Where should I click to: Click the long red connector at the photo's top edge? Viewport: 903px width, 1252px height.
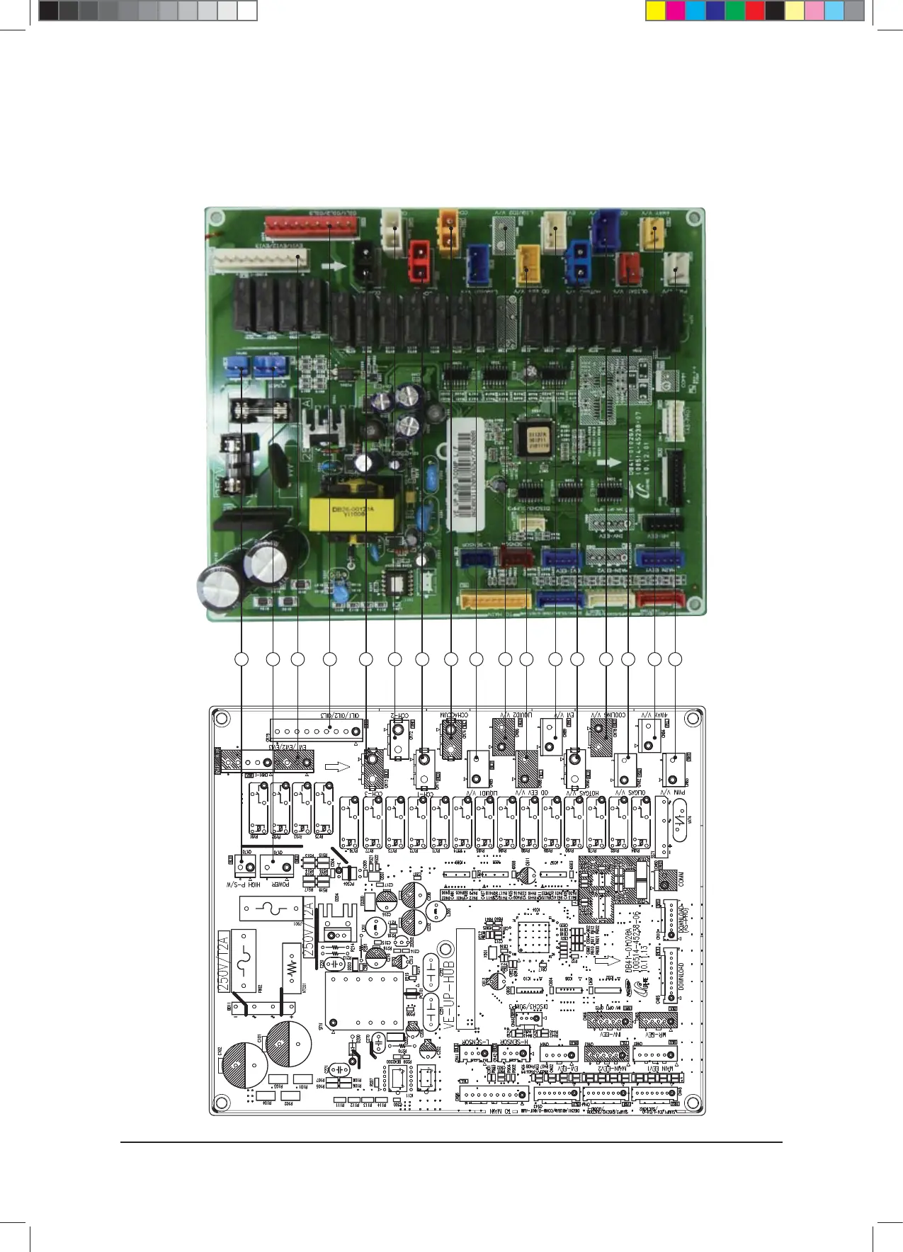pos(312,227)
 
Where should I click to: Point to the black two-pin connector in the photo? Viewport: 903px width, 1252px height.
pos(365,262)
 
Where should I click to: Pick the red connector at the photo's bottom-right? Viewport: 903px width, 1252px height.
pos(659,599)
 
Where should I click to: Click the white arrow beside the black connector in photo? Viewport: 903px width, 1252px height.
pos(334,267)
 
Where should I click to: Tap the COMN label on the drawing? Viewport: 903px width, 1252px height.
pos(681,880)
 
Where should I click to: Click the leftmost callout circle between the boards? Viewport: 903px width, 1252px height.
pos(242,659)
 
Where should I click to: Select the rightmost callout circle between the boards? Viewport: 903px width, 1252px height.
pos(675,659)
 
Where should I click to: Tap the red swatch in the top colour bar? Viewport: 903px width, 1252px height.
pos(755,11)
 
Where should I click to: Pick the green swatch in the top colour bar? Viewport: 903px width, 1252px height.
pos(735,11)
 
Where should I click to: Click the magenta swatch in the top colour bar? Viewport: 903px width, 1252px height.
pos(676,11)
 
